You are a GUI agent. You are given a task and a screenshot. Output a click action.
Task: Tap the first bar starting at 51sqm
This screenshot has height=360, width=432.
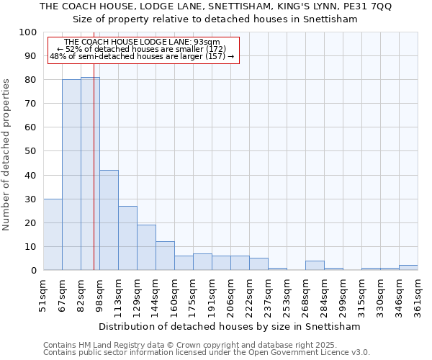coord(53,234)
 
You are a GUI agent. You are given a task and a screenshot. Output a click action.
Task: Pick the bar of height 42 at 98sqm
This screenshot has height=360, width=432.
coord(109,220)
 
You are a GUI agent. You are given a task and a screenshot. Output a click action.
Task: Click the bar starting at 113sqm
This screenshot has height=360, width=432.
coord(127,238)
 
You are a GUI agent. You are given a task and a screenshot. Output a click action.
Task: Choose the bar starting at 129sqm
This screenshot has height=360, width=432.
coord(146,247)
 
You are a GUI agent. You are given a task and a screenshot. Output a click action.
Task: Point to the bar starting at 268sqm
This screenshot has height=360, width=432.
coord(315,265)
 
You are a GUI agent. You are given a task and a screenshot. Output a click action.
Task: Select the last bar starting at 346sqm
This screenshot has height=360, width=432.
coord(408,267)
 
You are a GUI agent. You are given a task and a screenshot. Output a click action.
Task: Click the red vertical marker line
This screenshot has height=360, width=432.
coord(94,180)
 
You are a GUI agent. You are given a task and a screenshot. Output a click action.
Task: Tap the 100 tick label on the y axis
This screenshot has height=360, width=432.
coord(28,32)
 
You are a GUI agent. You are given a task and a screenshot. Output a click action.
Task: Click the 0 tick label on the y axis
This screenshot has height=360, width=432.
coord(33,270)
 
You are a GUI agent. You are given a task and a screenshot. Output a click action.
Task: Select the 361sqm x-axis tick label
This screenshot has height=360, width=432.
coord(418,295)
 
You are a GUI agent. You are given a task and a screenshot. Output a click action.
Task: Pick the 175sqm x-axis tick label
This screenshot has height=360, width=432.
coord(194,295)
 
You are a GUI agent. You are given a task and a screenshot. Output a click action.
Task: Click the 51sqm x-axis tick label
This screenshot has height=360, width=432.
coord(44,295)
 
